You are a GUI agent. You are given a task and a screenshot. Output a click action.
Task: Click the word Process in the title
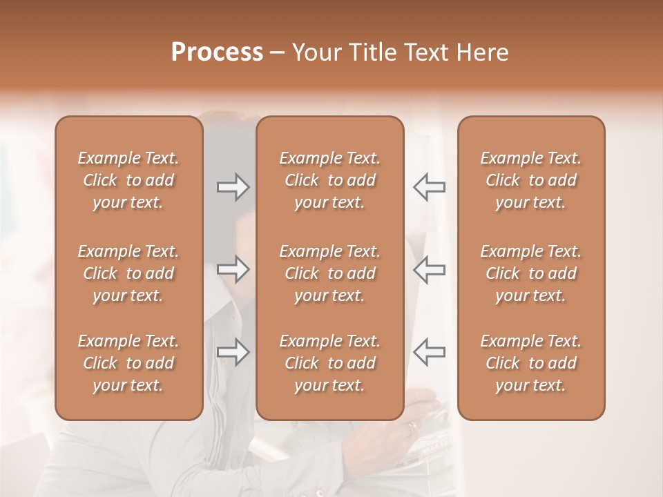click(x=216, y=52)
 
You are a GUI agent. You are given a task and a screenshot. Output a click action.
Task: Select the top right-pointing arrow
click(x=233, y=187)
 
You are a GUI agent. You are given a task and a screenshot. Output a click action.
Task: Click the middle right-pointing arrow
click(x=233, y=269)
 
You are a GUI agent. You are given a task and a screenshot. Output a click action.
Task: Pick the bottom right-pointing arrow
click(x=233, y=351)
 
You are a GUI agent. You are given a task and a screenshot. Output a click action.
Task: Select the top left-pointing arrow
click(x=429, y=187)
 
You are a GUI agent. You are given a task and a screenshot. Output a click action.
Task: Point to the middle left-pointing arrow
click(x=429, y=269)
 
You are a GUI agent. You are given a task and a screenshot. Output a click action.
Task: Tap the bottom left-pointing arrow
click(x=429, y=351)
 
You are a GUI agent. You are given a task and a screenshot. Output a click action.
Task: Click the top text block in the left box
click(x=128, y=180)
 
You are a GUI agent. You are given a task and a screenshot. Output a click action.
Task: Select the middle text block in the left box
click(x=128, y=273)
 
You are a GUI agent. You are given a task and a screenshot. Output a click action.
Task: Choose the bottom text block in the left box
click(x=128, y=363)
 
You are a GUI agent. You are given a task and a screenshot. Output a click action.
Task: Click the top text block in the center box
click(x=330, y=180)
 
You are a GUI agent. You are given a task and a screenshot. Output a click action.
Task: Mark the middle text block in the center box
click(x=330, y=273)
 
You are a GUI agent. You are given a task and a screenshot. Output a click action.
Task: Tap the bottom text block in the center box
click(x=330, y=363)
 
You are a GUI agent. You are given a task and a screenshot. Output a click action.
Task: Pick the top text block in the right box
click(x=531, y=180)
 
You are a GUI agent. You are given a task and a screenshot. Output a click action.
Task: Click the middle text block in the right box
click(x=531, y=273)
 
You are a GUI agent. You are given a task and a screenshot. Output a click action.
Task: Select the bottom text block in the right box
click(x=531, y=363)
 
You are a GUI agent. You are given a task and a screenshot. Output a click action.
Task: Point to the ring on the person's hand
click(x=412, y=427)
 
